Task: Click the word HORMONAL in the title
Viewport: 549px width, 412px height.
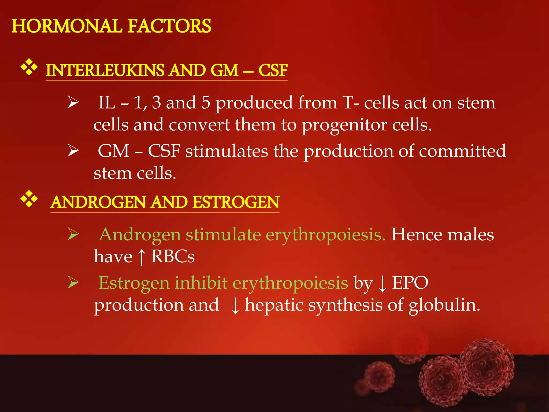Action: (67, 26)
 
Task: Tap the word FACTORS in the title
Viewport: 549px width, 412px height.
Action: (169, 26)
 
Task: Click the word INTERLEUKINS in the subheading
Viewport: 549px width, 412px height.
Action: (105, 70)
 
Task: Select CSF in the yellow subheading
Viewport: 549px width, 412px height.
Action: (273, 70)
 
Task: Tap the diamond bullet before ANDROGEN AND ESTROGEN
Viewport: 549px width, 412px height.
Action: (29, 199)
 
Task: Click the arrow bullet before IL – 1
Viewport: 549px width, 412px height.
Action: (73, 103)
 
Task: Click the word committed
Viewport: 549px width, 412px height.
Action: (462, 151)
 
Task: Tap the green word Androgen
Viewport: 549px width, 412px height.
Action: (140, 235)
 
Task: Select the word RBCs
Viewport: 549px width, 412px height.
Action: (173, 257)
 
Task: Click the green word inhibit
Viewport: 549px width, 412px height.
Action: (201, 283)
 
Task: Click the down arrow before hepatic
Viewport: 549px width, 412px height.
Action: (235, 306)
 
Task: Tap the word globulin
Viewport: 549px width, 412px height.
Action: (444, 306)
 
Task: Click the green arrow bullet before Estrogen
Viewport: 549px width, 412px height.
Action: (73, 283)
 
